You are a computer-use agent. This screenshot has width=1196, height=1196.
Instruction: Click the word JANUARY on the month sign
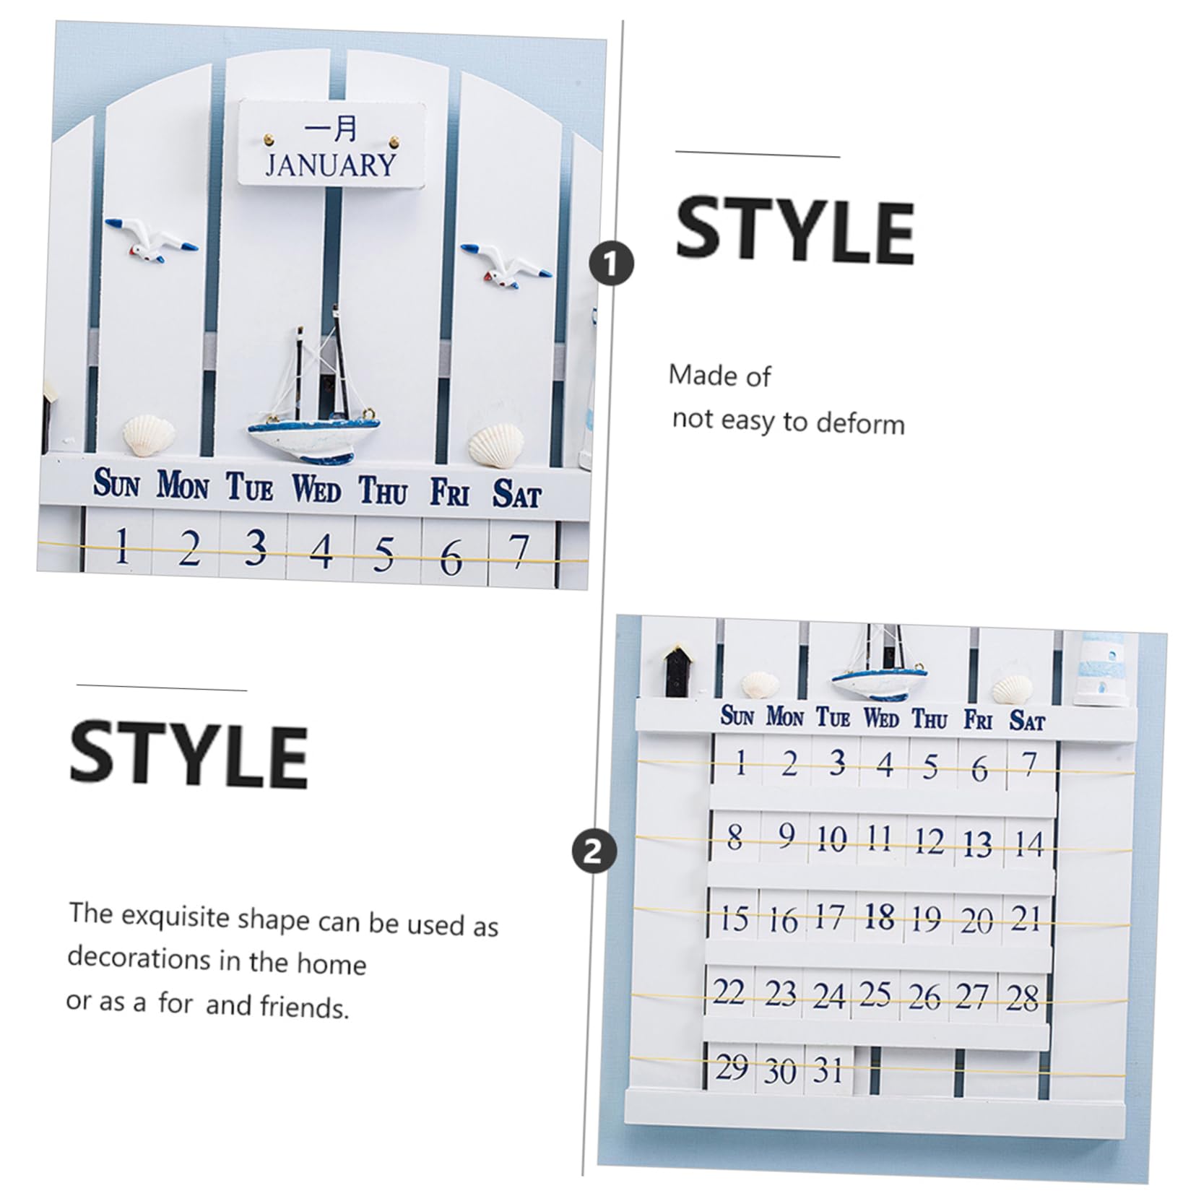click(x=331, y=165)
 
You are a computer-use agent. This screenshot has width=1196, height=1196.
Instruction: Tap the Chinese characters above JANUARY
click(x=331, y=129)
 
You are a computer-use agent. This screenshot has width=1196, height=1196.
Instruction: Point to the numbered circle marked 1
click(x=611, y=264)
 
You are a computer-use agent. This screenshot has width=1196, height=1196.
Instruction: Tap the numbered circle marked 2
click(x=594, y=851)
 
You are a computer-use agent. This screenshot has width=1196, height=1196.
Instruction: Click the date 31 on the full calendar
click(x=828, y=1070)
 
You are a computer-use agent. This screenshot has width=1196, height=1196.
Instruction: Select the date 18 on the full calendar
click(x=879, y=917)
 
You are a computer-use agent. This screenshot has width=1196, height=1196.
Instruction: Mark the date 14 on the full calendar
click(x=1028, y=844)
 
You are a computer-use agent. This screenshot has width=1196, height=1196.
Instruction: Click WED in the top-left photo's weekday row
click(x=316, y=490)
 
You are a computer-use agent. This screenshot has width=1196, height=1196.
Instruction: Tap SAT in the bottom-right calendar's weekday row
click(x=1027, y=720)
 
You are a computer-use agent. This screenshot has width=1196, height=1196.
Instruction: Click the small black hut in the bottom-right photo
click(x=678, y=671)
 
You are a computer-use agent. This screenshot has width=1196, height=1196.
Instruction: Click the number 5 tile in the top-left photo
click(x=384, y=554)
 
